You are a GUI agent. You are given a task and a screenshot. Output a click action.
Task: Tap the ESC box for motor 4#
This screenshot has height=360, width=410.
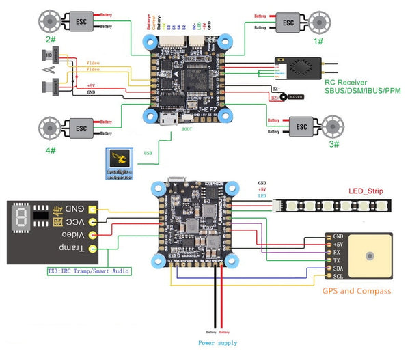click(81, 128)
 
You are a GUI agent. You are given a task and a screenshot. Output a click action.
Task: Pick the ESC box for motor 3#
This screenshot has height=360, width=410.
click(299, 126)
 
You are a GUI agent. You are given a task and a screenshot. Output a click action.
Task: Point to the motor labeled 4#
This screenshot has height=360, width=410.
click(49, 128)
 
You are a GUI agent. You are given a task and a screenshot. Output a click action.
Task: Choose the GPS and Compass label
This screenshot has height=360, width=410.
click(357, 291)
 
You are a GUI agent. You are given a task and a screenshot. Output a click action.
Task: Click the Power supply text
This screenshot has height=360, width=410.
click(217, 342)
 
